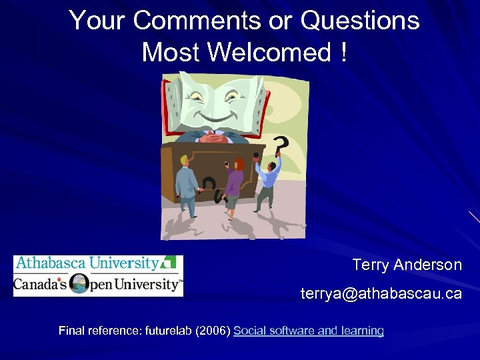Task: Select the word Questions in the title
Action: (360, 21)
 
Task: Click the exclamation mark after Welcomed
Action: (343, 52)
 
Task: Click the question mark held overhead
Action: (281, 144)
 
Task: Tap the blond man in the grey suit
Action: (186, 187)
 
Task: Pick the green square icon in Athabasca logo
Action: (170, 262)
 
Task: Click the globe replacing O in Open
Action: (79, 283)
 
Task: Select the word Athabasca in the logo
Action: (51, 263)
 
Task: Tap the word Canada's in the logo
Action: (41, 285)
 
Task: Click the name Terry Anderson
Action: (407, 265)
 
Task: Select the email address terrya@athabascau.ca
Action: (381, 293)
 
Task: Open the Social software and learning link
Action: (309, 331)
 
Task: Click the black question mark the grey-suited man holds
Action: (209, 186)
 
